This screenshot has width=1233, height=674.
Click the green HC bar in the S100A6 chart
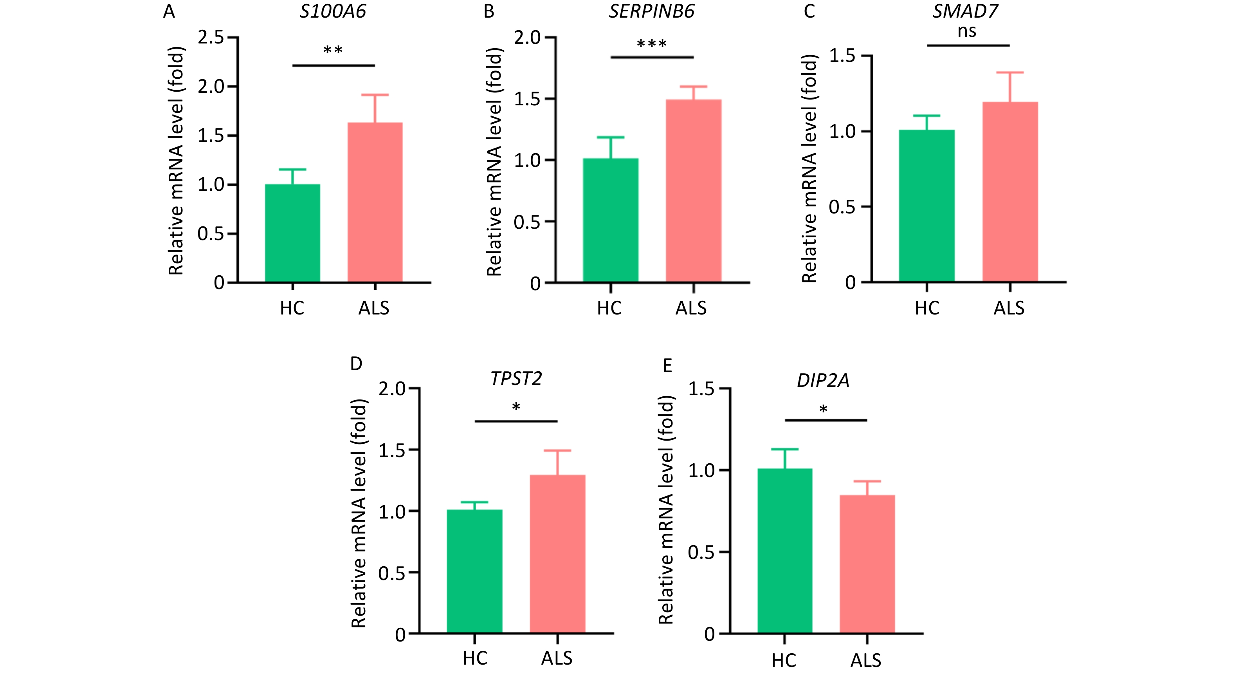(x=292, y=233)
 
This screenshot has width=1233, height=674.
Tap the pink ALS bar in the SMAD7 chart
(x=1010, y=192)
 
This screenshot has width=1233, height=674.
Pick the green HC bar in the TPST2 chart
(x=474, y=571)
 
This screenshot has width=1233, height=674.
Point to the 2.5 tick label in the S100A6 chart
(x=211, y=37)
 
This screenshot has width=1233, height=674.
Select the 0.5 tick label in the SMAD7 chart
(x=842, y=207)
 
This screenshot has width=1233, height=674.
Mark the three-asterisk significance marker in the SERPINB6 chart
(x=651, y=45)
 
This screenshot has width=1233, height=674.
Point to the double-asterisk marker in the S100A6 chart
(x=333, y=50)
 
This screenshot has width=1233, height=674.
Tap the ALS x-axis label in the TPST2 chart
(x=557, y=658)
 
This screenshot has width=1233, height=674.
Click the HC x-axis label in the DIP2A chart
(x=784, y=661)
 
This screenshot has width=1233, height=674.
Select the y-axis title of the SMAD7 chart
(x=809, y=169)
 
